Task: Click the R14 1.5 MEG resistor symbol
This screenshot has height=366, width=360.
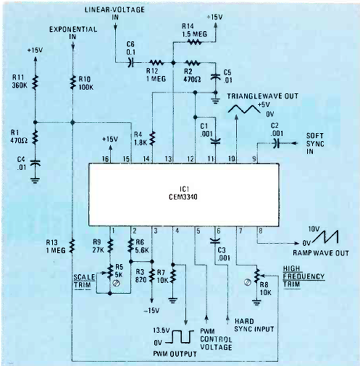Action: [x=195, y=42]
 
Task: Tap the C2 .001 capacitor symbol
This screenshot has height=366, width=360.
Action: [x=277, y=144]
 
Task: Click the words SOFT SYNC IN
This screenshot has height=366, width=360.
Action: [x=317, y=143]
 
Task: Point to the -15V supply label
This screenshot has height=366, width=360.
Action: [x=152, y=309]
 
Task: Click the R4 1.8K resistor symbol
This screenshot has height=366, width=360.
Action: [x=152, y=137]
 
